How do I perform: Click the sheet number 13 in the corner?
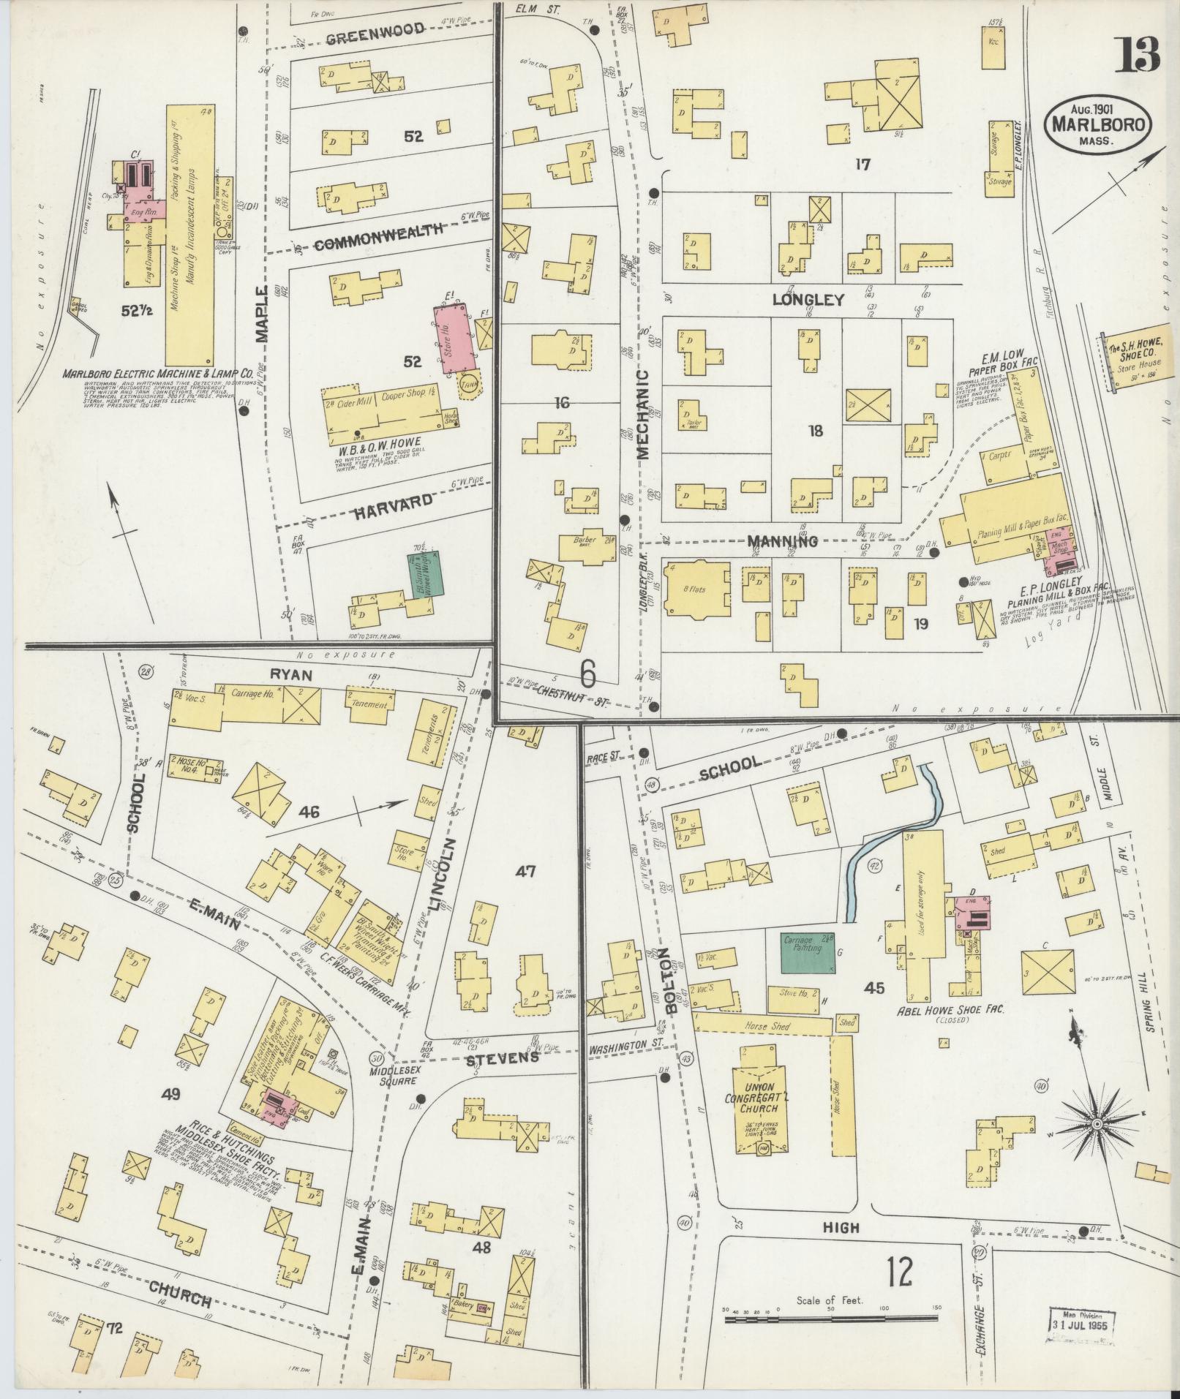pos(1137,55)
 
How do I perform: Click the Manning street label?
pos(782,542)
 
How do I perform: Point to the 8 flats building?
pos(695,589)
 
